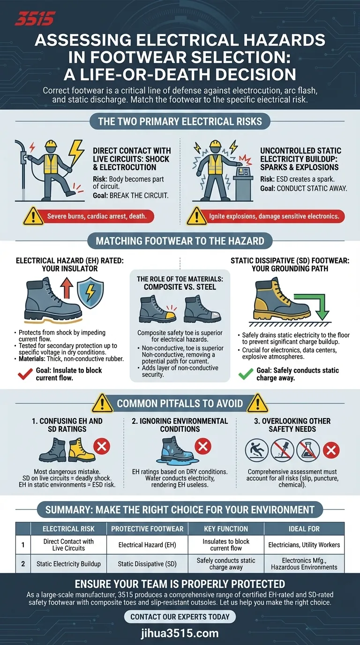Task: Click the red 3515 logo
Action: (35, 19)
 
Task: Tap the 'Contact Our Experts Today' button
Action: (180, 616)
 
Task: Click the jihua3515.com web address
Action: (180, 633)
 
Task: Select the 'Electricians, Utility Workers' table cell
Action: (304, 545)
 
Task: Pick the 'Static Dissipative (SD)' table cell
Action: (147, 564)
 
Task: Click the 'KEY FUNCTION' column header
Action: (226, 529)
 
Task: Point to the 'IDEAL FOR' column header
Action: (304, 529)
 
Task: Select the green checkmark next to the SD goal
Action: (246, 374)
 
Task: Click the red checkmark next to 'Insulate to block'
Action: (23, 374)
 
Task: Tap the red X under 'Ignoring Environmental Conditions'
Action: (202, 446)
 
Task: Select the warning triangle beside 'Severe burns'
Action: (33, 216)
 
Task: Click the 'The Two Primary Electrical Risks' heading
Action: (180, 122)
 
